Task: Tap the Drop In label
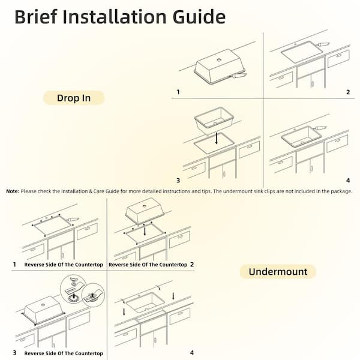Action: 73,98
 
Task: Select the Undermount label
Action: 278,272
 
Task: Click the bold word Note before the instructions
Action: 13,191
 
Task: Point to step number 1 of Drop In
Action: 177,92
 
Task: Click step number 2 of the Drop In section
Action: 347,92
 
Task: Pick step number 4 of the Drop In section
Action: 347,180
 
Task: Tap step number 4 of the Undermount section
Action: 192,353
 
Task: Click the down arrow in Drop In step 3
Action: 216,139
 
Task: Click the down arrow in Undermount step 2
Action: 145,230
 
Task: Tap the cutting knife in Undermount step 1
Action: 73,220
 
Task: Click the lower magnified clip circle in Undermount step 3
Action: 92,295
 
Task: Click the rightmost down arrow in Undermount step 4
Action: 174,296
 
